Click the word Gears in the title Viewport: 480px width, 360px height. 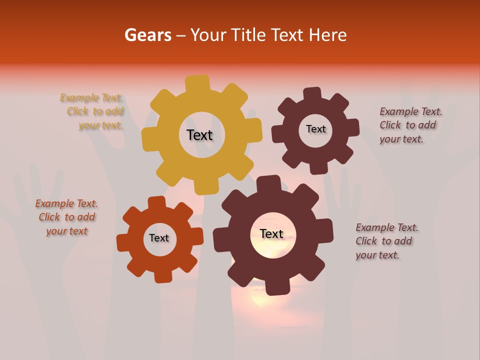(x=147, y=35)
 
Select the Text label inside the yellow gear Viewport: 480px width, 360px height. (x=199, y=135)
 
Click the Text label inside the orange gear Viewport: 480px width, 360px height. (x=159, y=238)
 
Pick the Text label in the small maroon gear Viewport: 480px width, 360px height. (x=315, y=129)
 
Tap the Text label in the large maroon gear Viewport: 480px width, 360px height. (x=271, y=233)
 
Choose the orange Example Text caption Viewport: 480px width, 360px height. (x=66, y=217)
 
